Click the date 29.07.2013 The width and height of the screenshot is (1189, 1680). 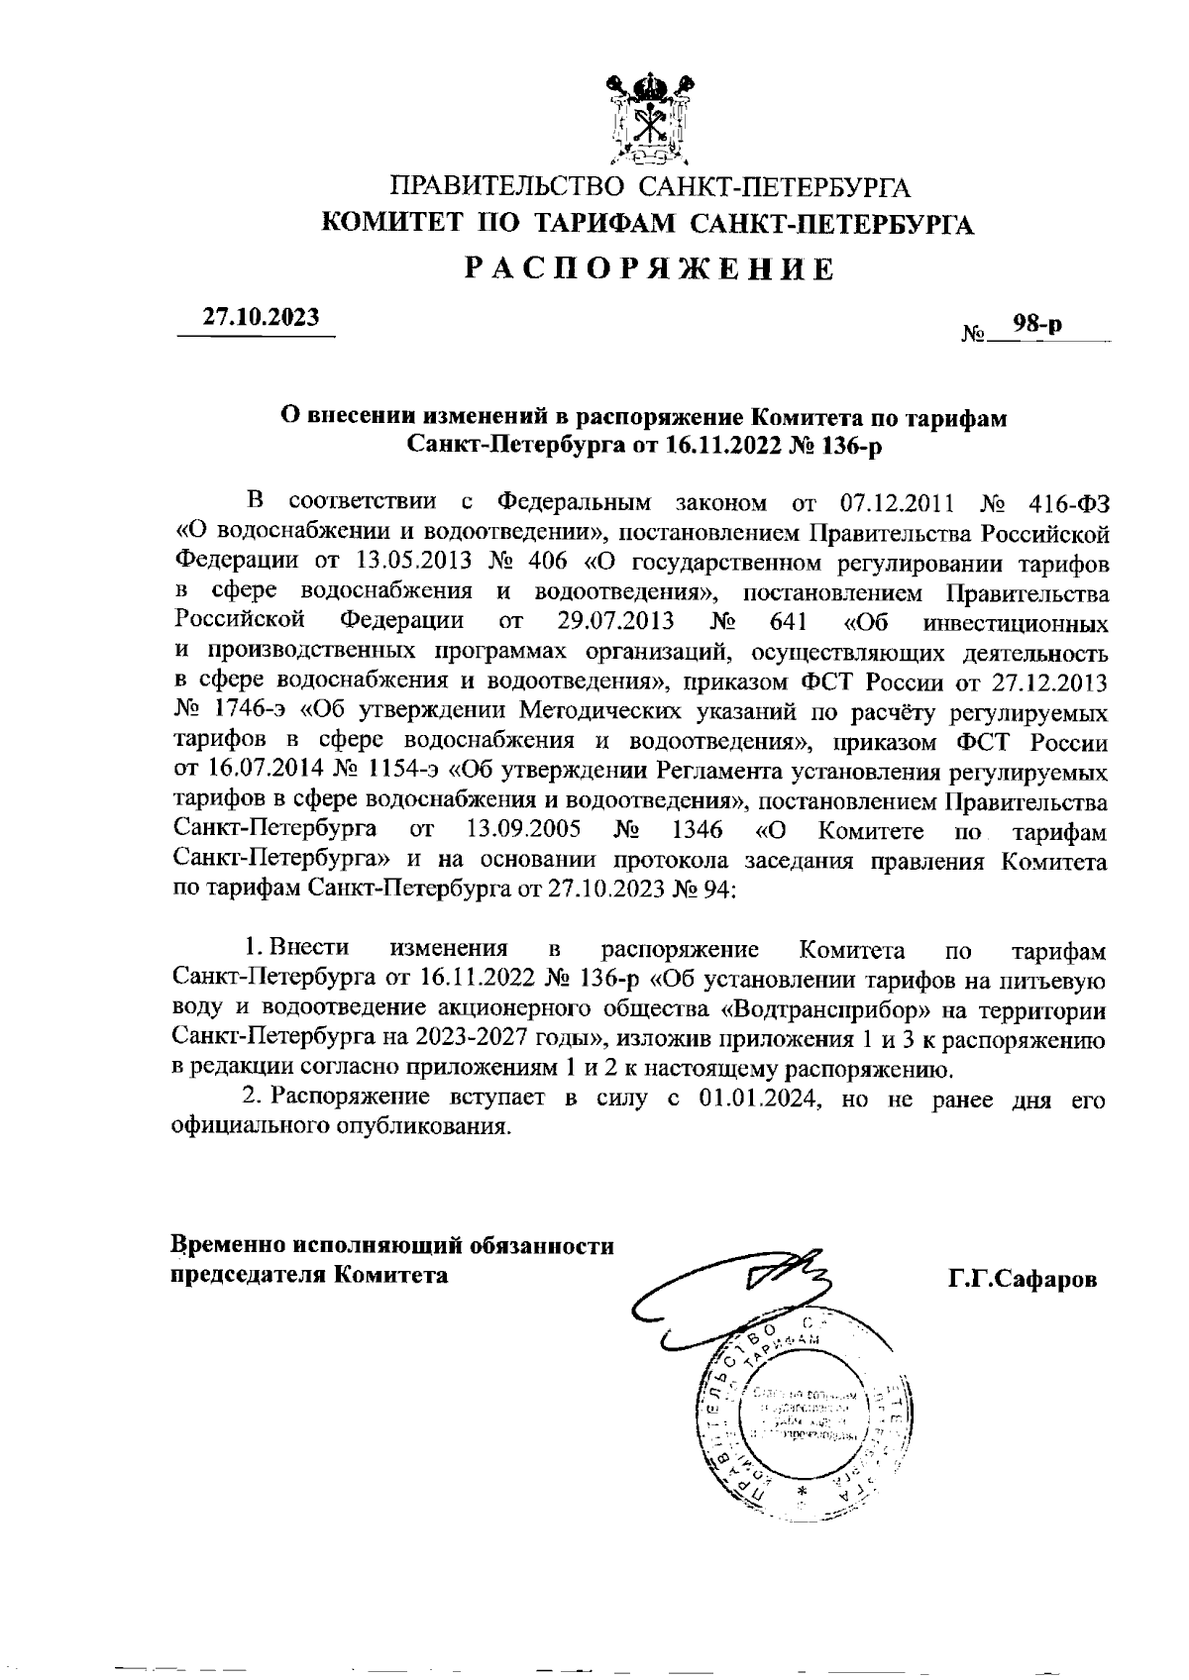click(608, 622)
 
